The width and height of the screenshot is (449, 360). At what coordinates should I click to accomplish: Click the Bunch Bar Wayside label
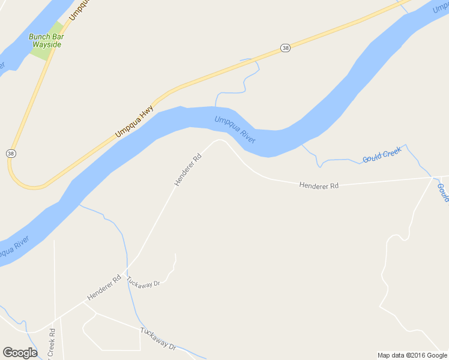(x=46, y=40)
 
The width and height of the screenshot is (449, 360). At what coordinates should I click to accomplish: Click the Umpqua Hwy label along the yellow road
(x=134, y=122)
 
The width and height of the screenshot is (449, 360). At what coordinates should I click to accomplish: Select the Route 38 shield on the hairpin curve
(x=11, y=154)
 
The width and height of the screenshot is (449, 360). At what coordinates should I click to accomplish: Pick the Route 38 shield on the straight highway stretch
(x=285, y=47)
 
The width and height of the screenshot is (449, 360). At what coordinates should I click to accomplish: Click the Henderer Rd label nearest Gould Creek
(x=319, y=186)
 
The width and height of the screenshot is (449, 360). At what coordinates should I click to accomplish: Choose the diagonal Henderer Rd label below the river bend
(x=187, y=169)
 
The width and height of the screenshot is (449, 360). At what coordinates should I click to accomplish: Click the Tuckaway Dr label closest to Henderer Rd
(x=148, y=283)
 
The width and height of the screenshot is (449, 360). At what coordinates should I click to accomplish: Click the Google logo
(x=20, y=353)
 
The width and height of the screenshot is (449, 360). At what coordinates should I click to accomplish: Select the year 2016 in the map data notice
(x=417, y=355)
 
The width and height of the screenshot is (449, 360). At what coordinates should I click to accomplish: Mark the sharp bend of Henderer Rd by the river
(x=220, y=140)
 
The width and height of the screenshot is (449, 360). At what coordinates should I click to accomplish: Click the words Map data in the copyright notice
(x=391, y=355)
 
